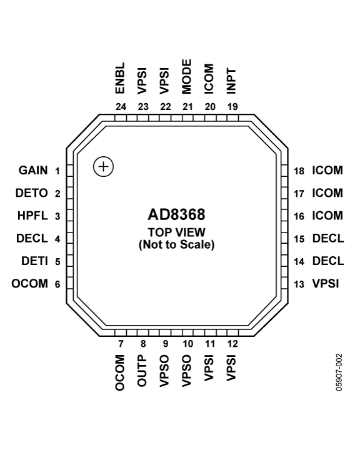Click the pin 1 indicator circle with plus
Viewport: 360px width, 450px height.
point(103,167)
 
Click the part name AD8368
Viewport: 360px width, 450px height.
point(176,214)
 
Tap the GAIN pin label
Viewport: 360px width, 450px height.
point(33,170)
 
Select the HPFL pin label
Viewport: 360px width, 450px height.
point(32,216)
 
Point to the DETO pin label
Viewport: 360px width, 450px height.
point(32,193)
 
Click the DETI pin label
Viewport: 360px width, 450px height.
point(34,261)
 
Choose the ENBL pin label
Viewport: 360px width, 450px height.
point(120,78)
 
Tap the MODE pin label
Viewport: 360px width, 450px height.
point(187,77)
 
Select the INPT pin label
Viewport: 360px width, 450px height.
point(231,81)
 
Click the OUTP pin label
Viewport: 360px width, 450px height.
point(142,371)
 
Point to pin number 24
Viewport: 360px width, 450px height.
point(121,107)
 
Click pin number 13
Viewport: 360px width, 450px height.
point(299,284)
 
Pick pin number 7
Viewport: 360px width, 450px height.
point(121,344)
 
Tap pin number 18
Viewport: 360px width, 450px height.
point(299,171)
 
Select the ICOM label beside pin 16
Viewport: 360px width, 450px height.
point(327,216)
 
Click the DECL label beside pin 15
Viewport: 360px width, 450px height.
point(328,238)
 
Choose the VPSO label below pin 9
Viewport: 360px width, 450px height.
point(164,371)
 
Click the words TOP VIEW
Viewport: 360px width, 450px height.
point(176,232)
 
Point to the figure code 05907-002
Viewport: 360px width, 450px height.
point(339,372)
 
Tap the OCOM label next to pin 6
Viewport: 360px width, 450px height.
point(29,284)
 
